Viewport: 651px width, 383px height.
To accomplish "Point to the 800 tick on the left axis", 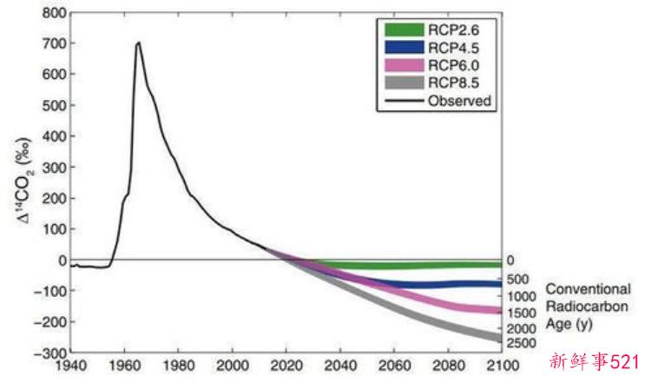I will point(55,14).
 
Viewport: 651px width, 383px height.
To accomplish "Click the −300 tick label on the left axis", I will point(50,353).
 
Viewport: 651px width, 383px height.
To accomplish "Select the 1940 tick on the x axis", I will point(72,364).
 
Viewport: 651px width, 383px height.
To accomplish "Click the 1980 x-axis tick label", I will point(180,364).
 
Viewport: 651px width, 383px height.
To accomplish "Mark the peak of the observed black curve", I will point(138,43).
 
